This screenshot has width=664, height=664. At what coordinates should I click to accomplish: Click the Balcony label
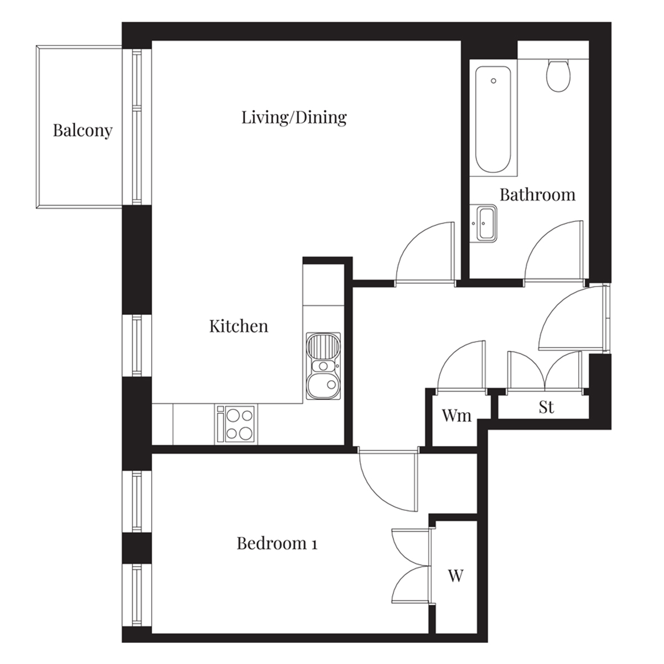click(82, 131)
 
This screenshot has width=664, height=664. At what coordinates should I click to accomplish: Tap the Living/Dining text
click(294, 118)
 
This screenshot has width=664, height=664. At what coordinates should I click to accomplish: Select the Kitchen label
click(238, 326)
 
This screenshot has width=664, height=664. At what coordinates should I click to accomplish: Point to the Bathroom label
click(537, 195)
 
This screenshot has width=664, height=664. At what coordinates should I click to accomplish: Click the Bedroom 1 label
click(277, 543)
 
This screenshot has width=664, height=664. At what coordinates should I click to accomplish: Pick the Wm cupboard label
click(456, 416)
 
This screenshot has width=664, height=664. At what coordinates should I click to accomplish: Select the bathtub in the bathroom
click(493, 119)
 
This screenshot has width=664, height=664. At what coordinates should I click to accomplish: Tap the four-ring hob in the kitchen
click(236, 424)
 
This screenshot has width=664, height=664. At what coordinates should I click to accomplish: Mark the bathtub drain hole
click(494, 81)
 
